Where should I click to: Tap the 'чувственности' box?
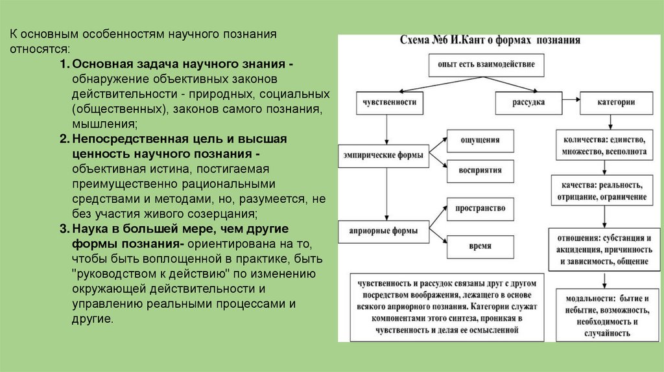[386, 102]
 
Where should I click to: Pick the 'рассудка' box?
[528, 102]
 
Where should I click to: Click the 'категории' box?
[616, 102]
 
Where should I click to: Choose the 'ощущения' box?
[479, 141]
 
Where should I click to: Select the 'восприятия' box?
[480, 170]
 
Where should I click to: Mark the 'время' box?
[480, 246]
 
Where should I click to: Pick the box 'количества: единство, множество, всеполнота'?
[600, 146]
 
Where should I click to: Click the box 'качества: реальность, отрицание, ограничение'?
[599, 190]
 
